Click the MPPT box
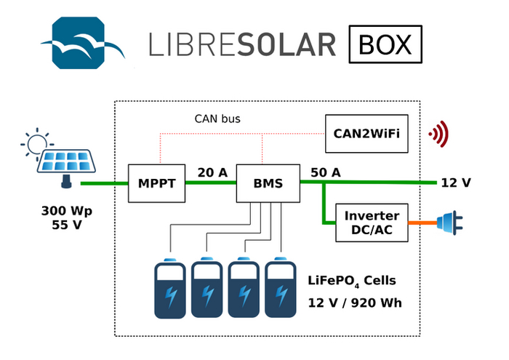point(157,183)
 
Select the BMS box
point(269,183)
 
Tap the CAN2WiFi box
point(366,134)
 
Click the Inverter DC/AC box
point(372,223)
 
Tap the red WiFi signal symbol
point(438,133)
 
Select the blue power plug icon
point(449,223)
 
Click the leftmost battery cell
point(171,288)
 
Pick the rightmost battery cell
point(281,288)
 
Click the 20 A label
point(212,172)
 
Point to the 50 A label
point(326,172)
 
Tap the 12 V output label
point(455,183)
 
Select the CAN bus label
point(217,119)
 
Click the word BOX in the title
point(385,45)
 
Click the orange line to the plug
point(422,223)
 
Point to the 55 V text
point(67,226)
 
